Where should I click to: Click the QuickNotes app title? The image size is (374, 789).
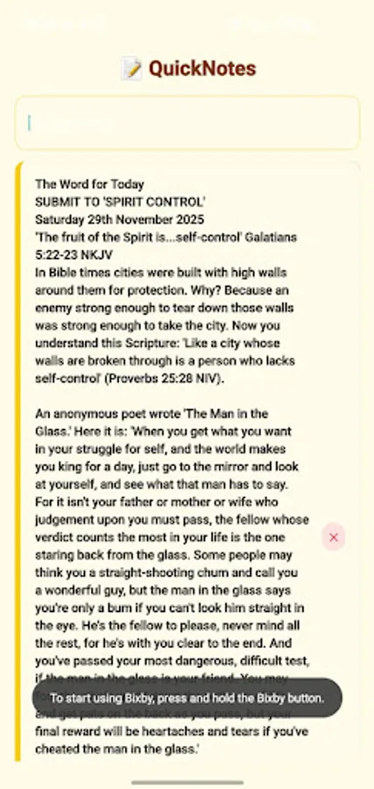(x=201, y=68)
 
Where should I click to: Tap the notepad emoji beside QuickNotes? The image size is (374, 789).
(x=131, y=68)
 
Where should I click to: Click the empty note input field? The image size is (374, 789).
(x=187, y=123)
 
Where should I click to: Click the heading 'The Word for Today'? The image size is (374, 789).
(x=89, y=184)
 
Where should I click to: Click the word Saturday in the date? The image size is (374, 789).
(x=60, y=219)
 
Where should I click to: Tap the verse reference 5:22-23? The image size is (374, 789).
(x=60, y=254)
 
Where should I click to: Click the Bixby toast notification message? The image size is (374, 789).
(x=187, y=698)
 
